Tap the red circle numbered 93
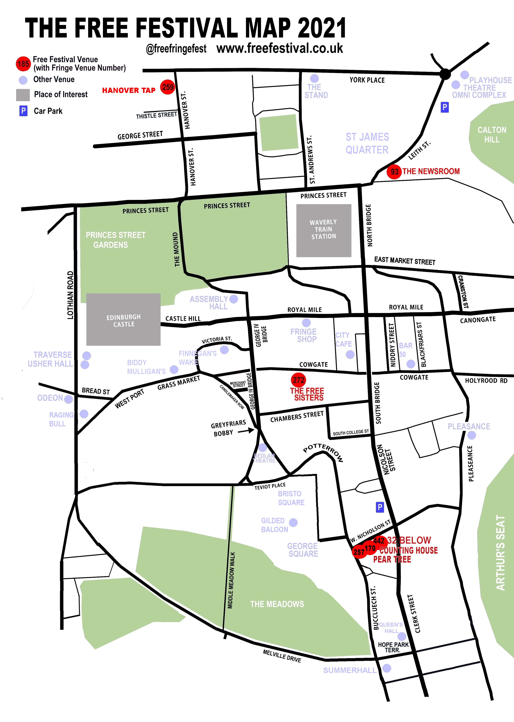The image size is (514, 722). click(394, 172)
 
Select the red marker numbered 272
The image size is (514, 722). click(298, 380)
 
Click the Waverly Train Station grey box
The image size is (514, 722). click(324, 230)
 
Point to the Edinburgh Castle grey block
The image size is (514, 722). click(124, 319)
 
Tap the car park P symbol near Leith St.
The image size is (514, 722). click(445, 107)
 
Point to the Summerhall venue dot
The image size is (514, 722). click(387, 668)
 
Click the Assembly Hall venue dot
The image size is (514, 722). click(234, 299)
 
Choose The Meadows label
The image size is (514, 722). click(277, 604)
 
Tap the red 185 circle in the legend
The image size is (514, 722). click(23, 64)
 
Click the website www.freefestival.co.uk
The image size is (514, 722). click(280, 48)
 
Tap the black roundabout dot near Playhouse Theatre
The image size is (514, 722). click(445, 74)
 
